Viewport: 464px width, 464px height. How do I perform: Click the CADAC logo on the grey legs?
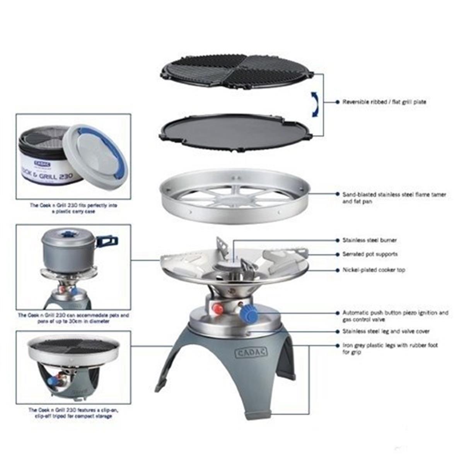[x=251, y=352]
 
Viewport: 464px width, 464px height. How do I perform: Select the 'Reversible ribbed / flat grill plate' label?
[x=384, y=102]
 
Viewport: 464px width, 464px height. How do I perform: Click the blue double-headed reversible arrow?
[x=315, y=104]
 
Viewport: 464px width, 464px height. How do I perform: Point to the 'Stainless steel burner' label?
[x=369, y=240]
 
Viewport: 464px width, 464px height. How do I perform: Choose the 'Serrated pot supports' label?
[x=370, y=254]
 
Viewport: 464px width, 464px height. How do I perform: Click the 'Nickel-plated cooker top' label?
[x=374, y=270]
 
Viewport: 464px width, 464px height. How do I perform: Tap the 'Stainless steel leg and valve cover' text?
[x=386, y=331]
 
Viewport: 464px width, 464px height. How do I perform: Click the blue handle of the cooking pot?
[x=106, y=241]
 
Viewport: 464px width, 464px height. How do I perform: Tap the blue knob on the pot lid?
[x=69, y=234]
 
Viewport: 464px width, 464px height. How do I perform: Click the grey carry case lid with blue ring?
[x=95, y=152]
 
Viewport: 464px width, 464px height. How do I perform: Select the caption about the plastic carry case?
[x=73, y=208]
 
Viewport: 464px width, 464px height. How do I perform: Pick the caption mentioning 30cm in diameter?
[x=73, y=318]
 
